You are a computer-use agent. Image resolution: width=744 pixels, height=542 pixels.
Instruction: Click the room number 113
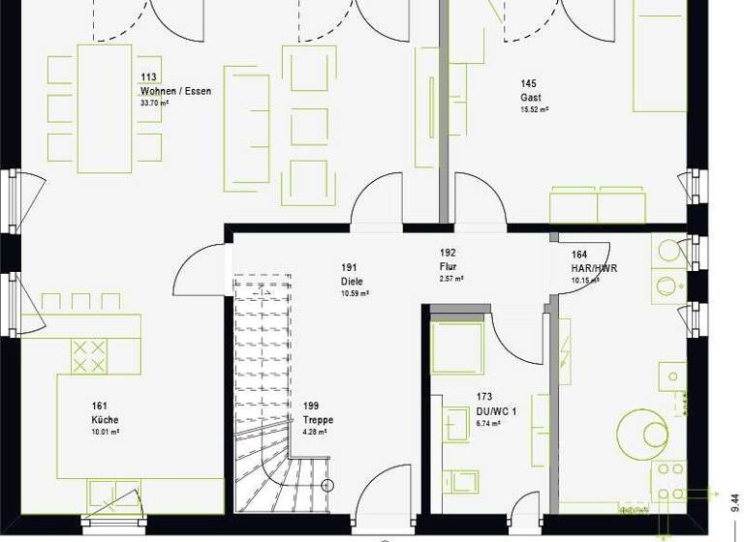(148, 78)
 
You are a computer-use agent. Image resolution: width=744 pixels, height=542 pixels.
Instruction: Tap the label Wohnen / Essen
(175, 91)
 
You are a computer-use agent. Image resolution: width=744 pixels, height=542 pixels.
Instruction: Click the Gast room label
(530, 98)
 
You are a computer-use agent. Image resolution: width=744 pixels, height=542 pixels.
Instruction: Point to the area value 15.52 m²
(535, 110)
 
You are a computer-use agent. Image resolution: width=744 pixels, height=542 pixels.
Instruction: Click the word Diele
(351, 281)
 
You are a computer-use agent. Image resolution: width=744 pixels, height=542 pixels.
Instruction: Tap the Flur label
(448, 266)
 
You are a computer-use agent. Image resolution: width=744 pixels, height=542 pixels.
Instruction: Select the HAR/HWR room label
(595, 269)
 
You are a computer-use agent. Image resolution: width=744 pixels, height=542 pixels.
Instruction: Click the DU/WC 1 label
(496, 410)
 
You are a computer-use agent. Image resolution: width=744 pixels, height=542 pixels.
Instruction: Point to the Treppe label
(318, 419)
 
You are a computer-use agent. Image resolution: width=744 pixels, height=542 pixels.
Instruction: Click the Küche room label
(105, 419)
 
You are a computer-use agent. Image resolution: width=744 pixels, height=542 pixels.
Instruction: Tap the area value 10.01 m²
(105, 432)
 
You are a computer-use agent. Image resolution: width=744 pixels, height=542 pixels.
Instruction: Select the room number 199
(311, 406)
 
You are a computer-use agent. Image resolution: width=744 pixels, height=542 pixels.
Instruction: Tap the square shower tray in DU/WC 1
(457, 348)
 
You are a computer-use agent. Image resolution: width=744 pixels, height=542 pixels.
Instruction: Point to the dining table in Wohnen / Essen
(104, 107)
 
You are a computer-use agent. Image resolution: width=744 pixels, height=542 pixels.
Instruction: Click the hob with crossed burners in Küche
(90, 355)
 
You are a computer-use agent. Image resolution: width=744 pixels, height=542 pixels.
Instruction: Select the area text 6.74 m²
(487, 423)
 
